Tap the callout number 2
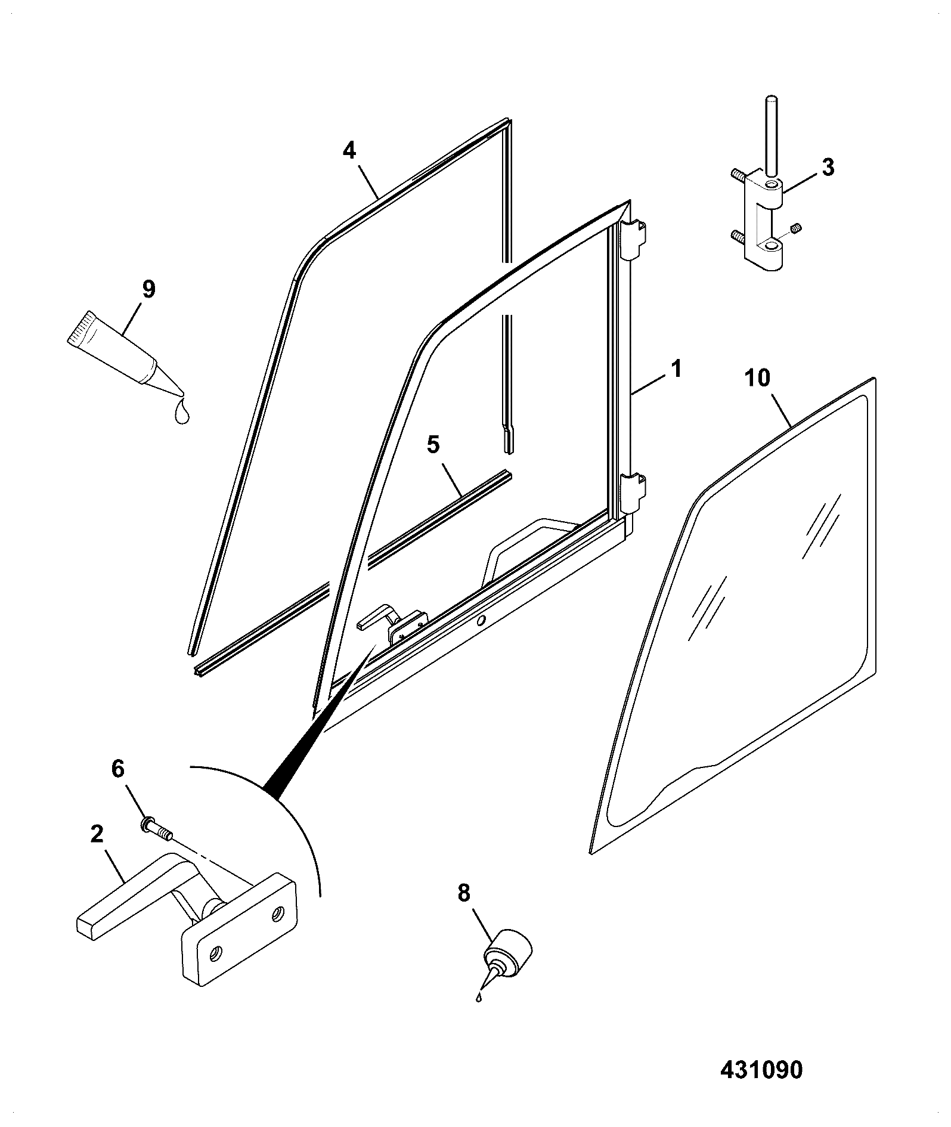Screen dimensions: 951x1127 pyautogui.click(x=97, y=834)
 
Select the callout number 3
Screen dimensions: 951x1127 pyautogui.click(x=828, y=168)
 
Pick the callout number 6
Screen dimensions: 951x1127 pyautogui.click(x=118, y=769)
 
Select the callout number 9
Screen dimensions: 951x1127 pyautogui.click(x=148, y=289)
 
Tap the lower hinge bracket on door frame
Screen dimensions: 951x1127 pyautogui.click(x=633, y=493)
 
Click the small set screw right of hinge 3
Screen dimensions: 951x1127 pyautogui.click(x=797, y=228)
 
